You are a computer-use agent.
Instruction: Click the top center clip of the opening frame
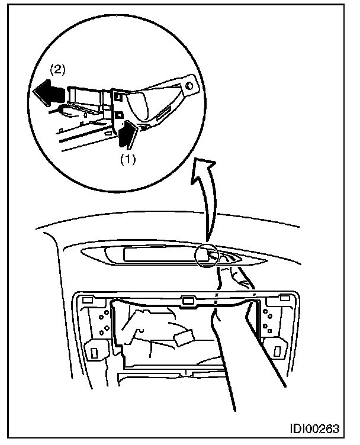click(189, 301)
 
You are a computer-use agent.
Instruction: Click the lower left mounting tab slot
click(94, 350)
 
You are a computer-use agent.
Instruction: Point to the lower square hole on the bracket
click(118, 113)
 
